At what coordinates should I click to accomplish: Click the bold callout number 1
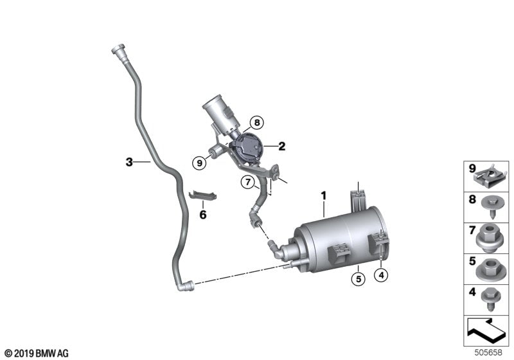tap(324, 195)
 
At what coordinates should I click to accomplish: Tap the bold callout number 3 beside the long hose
tap(128, 163)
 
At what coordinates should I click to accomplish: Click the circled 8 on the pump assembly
tap(256, 122)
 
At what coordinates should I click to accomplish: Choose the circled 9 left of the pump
tap(200, 163)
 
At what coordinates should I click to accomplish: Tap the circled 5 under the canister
tap(357, 278)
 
